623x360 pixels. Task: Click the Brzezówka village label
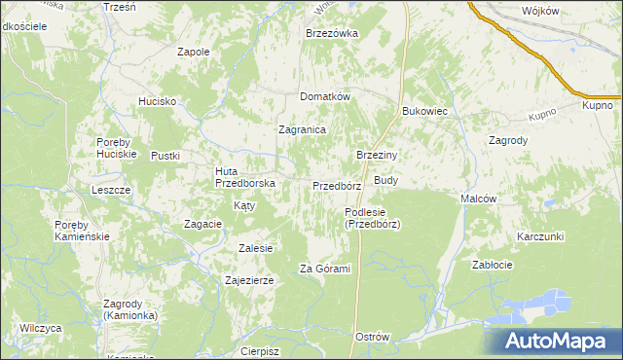click(x=332, y=32)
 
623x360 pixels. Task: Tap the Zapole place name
click(x=194, y=52)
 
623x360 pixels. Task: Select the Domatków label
click(x=324, y=96)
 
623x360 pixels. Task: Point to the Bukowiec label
click(x=424, y=111)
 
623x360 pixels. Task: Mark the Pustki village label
click(x=166, y=156)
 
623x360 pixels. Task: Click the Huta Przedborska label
click(x=245, y=176)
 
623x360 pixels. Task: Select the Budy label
click(x=386, y=180)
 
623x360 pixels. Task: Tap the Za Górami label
click(x=324, y=269)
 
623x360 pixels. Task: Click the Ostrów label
click(x=373, y=337)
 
